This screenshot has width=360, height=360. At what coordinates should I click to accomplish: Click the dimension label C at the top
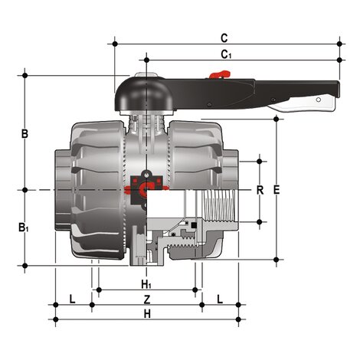(224, 37)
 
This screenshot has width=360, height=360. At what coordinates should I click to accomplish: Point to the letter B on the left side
(25, 134)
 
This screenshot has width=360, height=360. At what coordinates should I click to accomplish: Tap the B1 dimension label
(25, 227)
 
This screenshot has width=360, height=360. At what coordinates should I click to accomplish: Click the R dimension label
(259, 190)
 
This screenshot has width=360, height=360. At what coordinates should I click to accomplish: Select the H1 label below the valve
(146, 284)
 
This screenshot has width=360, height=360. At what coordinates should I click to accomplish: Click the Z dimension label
(147, 298)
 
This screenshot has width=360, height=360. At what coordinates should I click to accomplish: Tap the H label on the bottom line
(147, 313)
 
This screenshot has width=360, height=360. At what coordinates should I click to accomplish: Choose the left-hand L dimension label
(72, 297)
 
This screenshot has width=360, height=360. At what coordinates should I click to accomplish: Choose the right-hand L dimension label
(220, 297)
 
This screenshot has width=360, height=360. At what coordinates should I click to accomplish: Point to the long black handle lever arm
(253, 90)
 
